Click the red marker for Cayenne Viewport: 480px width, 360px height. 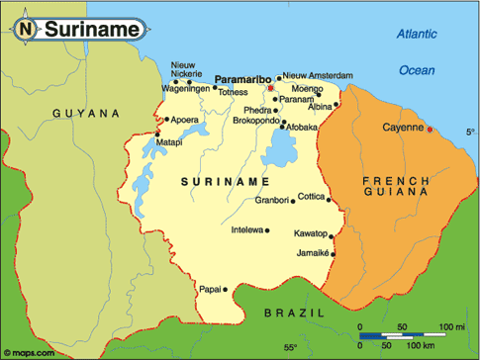pos(431,128)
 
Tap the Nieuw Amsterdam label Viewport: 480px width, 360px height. pos(317,75)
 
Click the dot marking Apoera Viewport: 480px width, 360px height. pos(168,120)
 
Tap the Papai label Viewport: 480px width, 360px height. pos(209,290)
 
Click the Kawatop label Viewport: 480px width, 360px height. pos(309,234)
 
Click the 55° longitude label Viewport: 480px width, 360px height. pos(290,348)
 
